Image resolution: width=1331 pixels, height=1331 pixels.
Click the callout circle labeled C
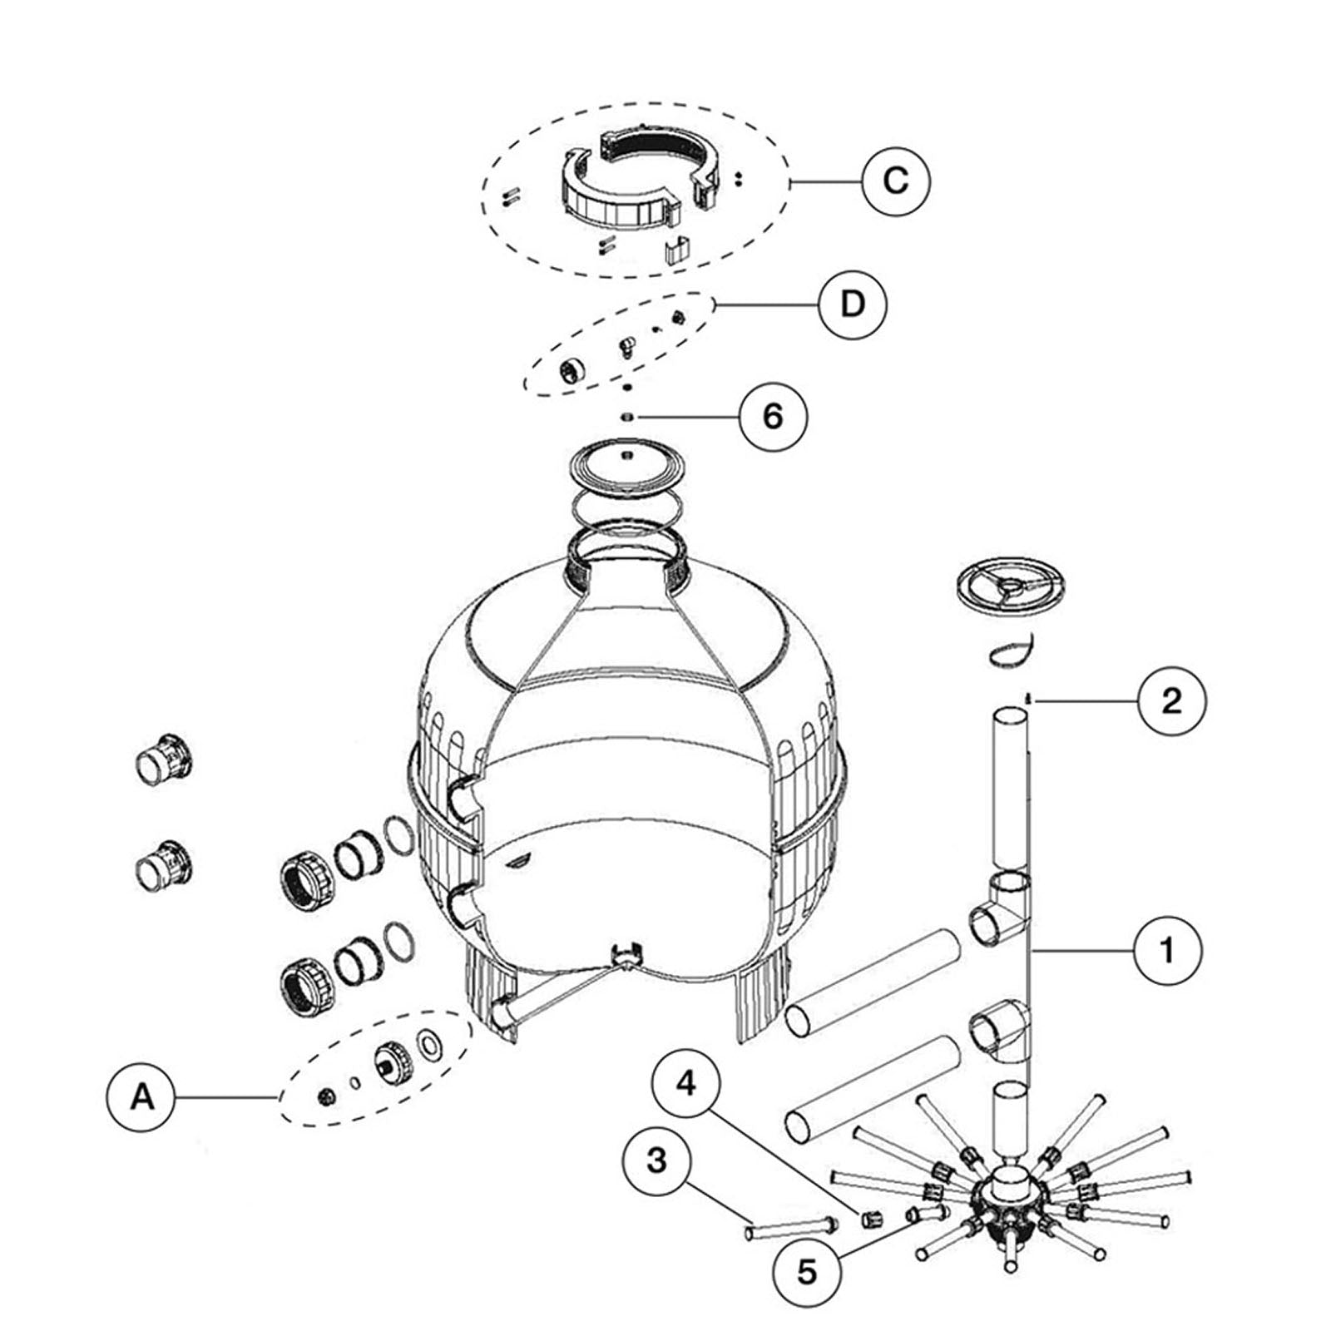click(x=895, y=181)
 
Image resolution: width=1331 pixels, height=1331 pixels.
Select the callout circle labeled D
click(x=853, y=304)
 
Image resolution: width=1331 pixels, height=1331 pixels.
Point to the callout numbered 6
click(x=773, y=415)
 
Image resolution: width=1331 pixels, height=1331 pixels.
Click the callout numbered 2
click(x=1170, y=701)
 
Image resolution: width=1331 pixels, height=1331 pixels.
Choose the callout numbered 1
click(x=1168, y=949)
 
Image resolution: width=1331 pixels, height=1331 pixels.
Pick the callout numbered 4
click(x=685, y=1085)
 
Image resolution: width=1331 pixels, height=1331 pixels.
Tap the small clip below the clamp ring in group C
click(x=678, y=250)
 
